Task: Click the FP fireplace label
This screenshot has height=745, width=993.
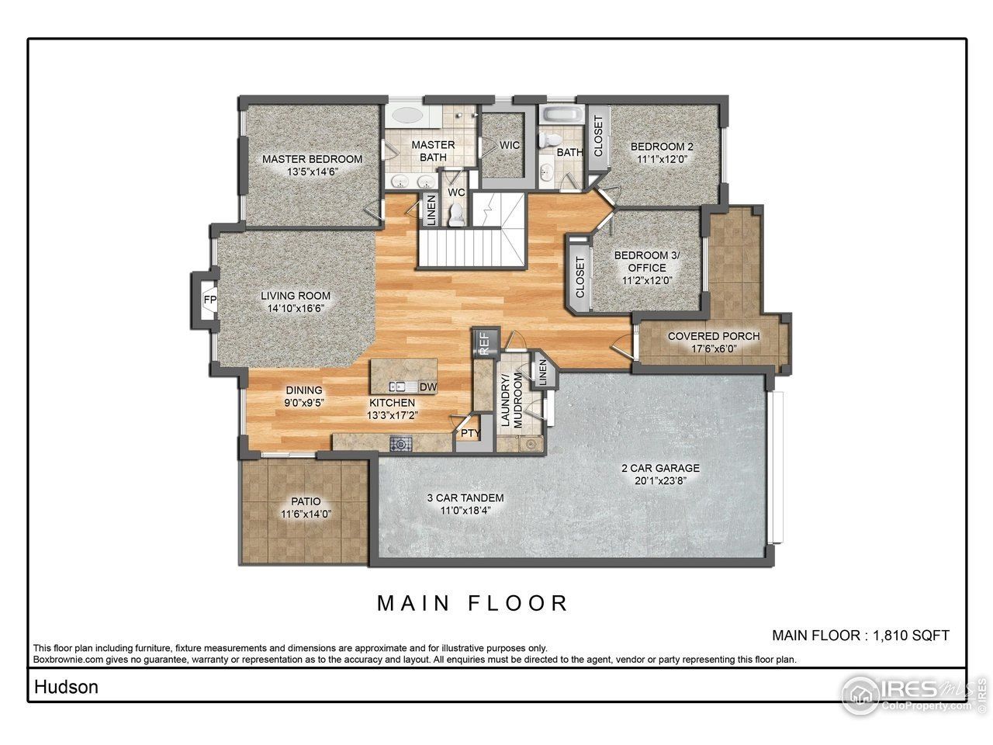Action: [209, 300]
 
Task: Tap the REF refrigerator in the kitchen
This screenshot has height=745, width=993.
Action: [483, 342]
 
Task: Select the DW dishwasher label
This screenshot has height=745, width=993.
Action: [427, 386]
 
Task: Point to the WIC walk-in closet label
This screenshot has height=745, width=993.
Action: [509, 145]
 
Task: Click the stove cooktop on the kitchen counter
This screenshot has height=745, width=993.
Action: [401, 444]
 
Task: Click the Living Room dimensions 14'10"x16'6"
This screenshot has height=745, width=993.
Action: [296, 308]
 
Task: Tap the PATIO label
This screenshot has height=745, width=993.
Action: [306, 501]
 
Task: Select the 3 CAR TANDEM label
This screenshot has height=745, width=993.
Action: [465, 497]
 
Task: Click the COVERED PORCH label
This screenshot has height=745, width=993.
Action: [714, 336]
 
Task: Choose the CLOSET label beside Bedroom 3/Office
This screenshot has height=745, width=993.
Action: [580, 277]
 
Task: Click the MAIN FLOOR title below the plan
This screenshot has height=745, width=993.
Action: [473, 603]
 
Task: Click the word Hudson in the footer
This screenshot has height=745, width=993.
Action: [66, 687]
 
